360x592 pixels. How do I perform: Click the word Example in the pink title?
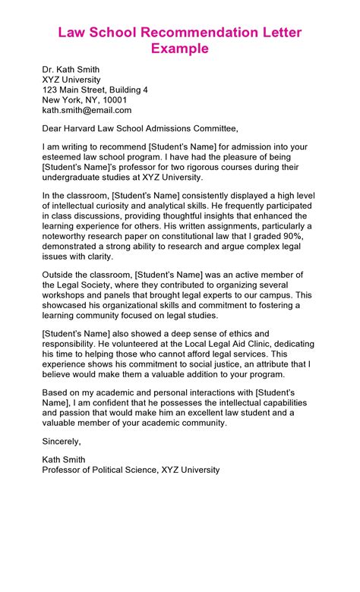tap(179, 49)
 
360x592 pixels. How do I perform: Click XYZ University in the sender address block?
tap(71, 79)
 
